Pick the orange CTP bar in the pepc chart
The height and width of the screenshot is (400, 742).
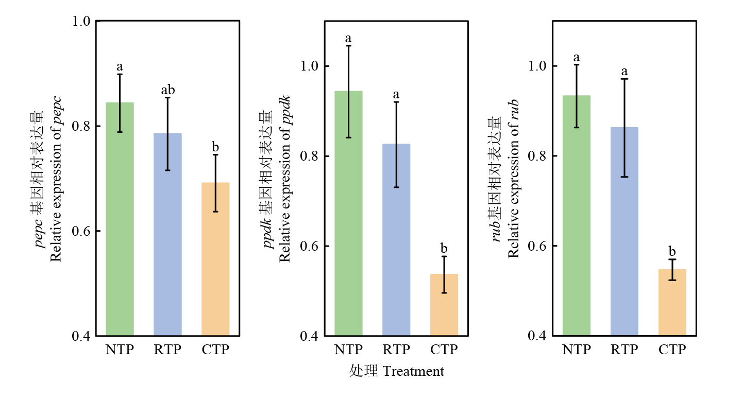click(215, 263)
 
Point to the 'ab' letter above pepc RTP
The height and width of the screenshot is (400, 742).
click(168, 91)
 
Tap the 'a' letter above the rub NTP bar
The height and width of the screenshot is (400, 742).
click(577, 58)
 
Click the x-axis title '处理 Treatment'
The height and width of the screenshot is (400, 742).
click(396, 371)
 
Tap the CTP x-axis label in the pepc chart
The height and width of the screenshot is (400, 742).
click(215, 350)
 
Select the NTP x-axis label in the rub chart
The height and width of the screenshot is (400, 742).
click(577, 350)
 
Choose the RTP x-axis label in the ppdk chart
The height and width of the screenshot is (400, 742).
click(396, 350)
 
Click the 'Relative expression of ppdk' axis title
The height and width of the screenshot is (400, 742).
click(285, 179)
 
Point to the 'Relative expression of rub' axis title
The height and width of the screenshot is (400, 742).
click(513, 179)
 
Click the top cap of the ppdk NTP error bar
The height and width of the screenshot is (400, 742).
click(348, 46)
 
